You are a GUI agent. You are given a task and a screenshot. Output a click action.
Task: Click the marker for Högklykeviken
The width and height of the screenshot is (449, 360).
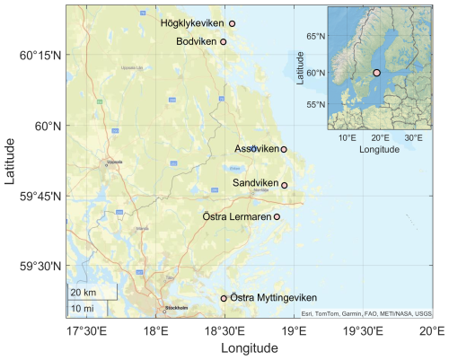click(x=232, y=23)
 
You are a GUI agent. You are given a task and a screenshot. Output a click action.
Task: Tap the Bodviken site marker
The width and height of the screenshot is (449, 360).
click(x=223, y=41)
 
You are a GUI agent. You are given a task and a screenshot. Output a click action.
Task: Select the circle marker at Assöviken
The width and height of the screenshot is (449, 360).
click(x=284, y=149)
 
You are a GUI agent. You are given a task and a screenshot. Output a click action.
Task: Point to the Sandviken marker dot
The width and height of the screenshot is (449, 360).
click(x=285, y=185)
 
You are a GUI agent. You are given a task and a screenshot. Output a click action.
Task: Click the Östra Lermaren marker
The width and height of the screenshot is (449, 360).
click(x=277, y=216)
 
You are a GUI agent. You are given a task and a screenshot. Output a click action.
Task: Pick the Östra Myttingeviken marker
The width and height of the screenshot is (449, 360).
click(x=224, y=298)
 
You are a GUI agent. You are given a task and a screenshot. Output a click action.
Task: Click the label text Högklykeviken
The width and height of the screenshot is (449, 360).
click(x=191, y=23)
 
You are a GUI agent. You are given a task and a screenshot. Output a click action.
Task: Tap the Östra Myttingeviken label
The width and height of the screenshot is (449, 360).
click(x=272, y=298)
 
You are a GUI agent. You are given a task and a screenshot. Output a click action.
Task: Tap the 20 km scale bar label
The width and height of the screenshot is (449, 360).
click(x=84, y=294)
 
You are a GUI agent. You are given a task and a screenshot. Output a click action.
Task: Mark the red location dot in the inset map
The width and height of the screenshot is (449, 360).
click(x=377, y=72)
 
